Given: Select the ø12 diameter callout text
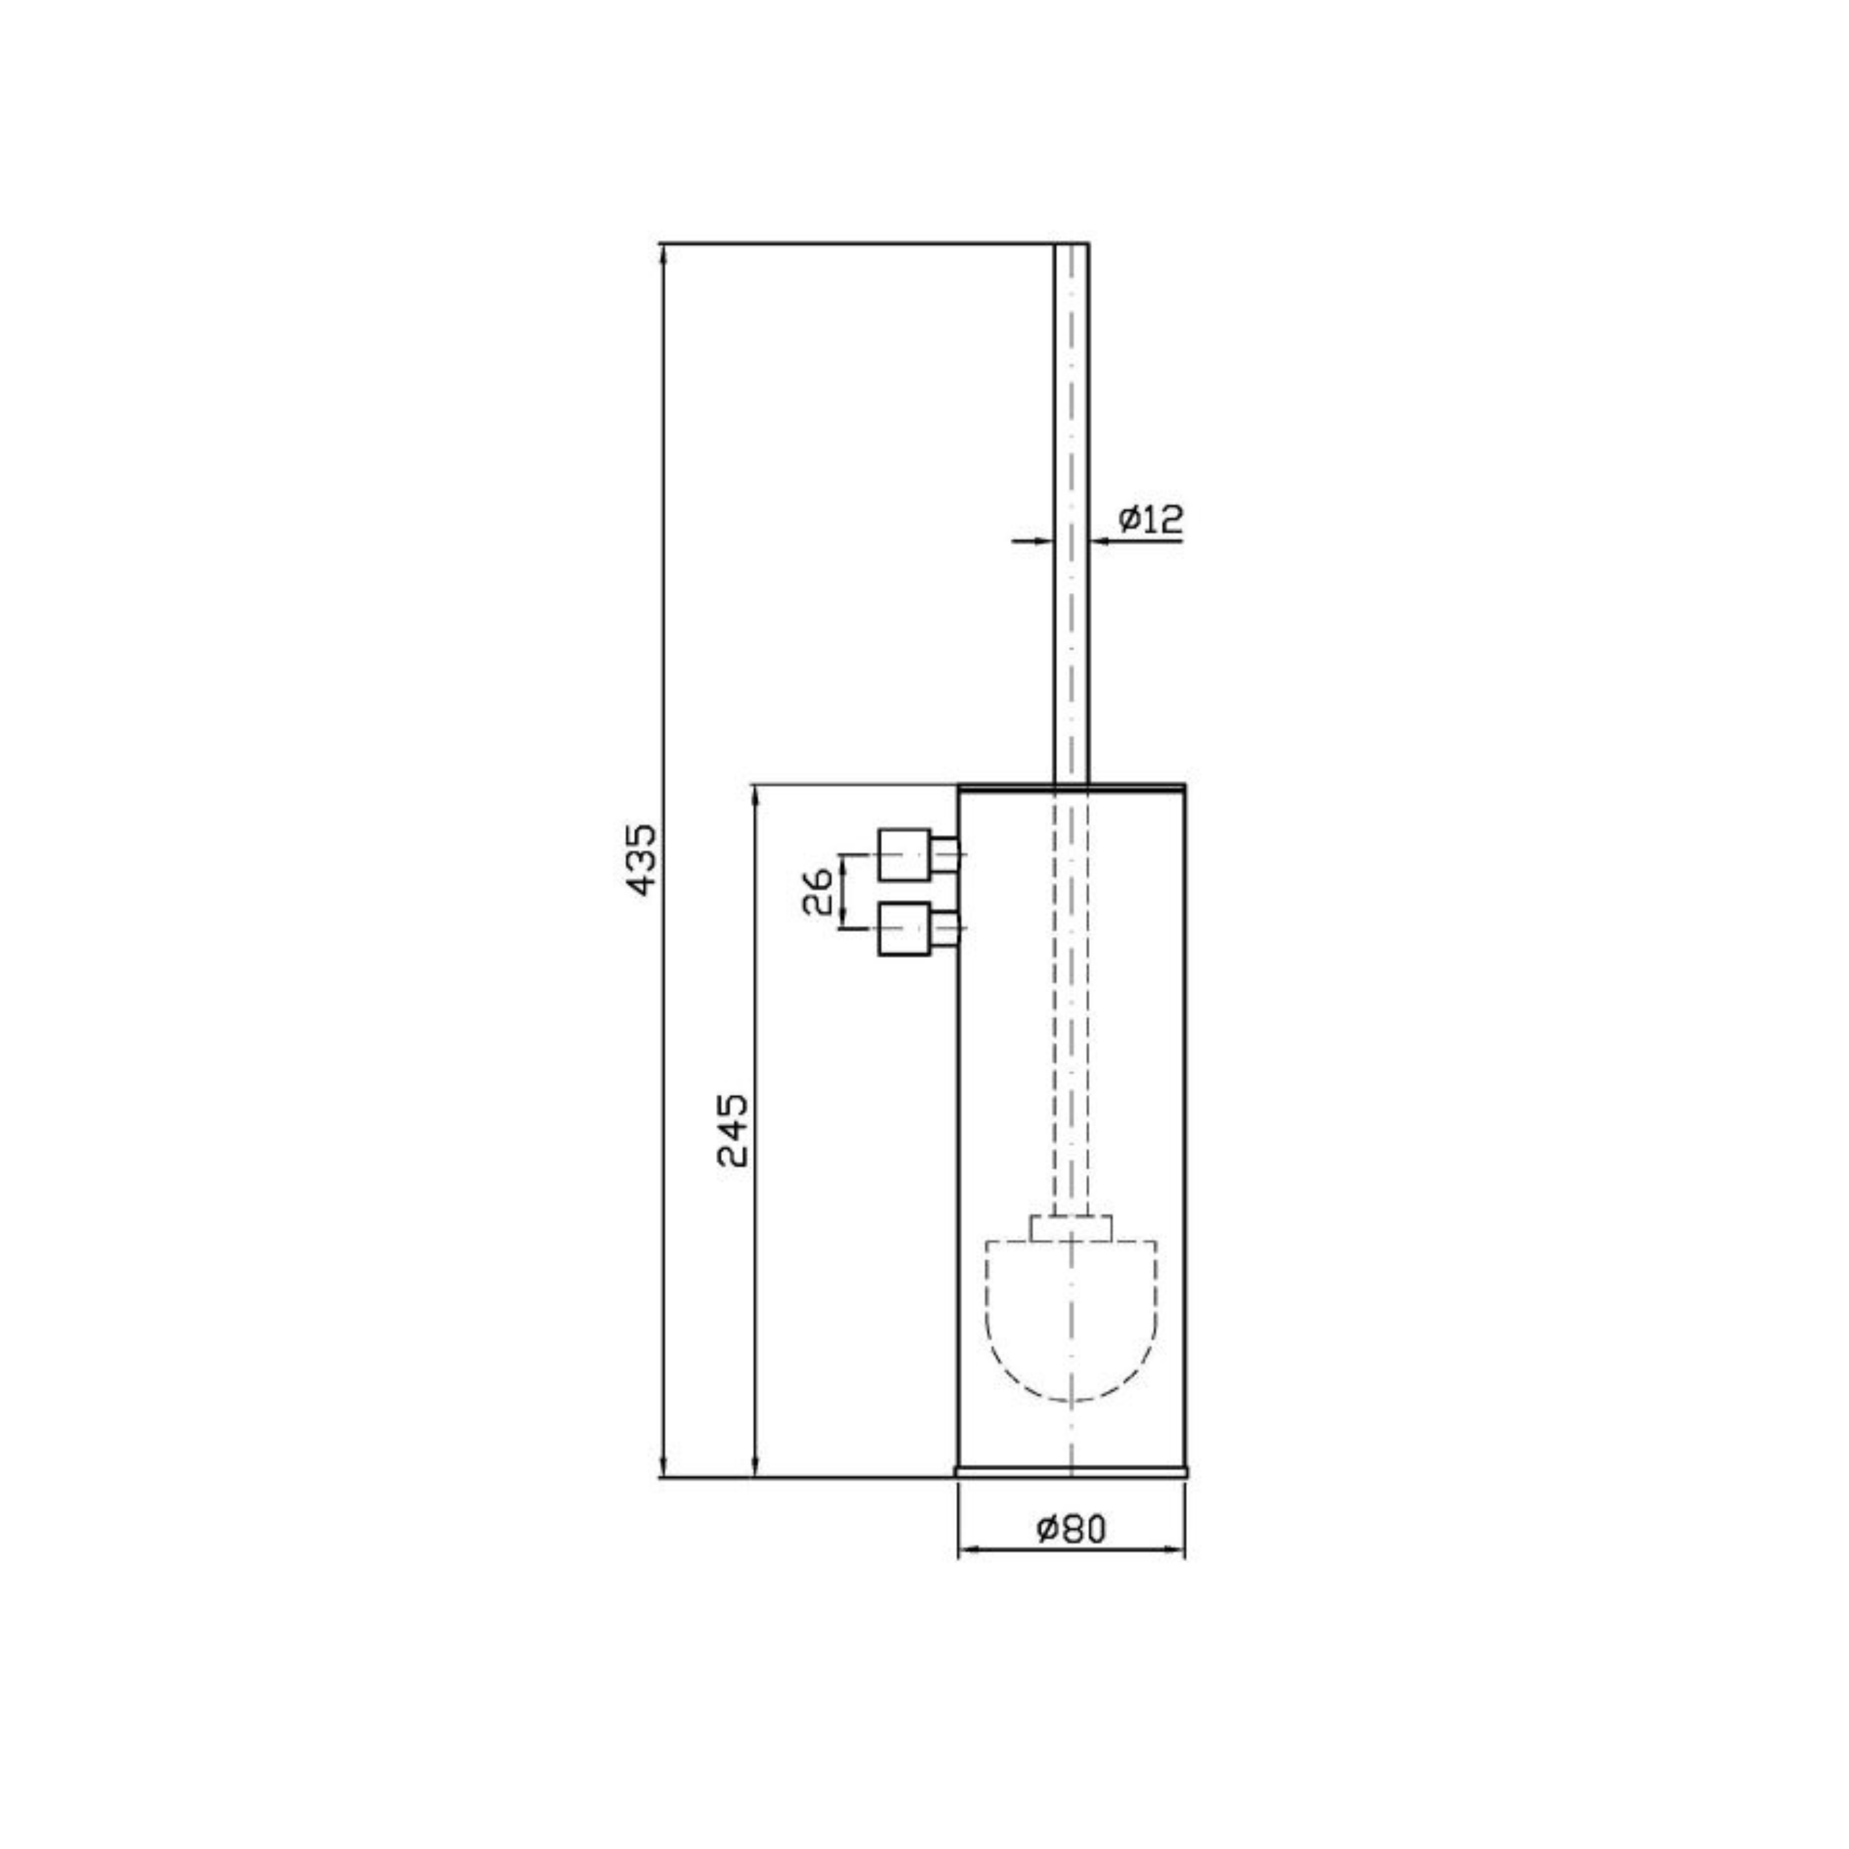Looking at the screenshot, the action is click(1150, 520).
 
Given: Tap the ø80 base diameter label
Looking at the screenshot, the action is click(1071, 1530).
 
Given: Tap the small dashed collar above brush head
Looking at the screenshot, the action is click(1071, 1228).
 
